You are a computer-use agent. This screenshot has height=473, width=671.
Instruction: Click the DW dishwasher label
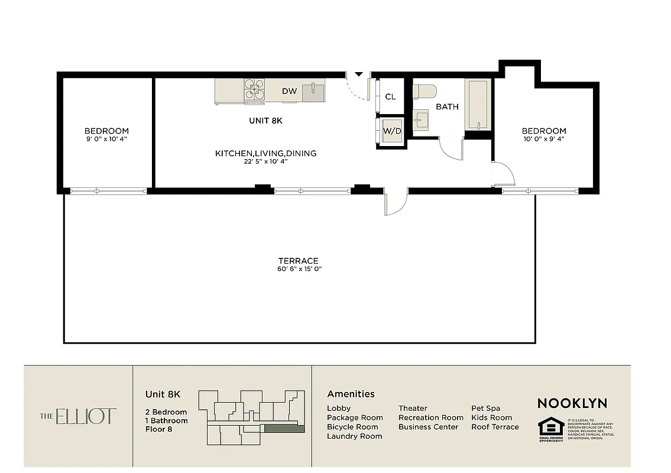(x=289, y=91)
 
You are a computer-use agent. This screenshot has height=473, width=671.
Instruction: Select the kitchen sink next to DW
(x=313, y=91)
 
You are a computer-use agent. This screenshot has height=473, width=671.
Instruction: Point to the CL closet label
(x=390, y=97)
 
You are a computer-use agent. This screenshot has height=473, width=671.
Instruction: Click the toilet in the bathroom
(x=424, y=91)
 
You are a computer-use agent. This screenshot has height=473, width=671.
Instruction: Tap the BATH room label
(x=447, y=107)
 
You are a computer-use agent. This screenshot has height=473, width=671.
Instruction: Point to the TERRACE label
(x=299, y=261)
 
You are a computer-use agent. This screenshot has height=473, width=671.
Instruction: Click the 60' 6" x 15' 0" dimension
(x=299, y=269)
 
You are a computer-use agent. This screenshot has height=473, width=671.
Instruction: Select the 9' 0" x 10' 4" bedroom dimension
(x=106, y=139)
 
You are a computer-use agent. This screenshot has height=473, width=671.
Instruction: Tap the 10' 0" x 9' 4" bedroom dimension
(x=544, y=139)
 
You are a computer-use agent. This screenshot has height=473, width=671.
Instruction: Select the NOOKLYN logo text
(x=572, y=403)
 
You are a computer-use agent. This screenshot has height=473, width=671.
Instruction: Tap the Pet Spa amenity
(x=485, y=409)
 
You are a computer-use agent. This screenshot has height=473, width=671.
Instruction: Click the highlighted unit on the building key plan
(x=284, y=429)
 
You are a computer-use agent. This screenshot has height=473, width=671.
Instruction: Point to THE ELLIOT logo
(x=78, y=416)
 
